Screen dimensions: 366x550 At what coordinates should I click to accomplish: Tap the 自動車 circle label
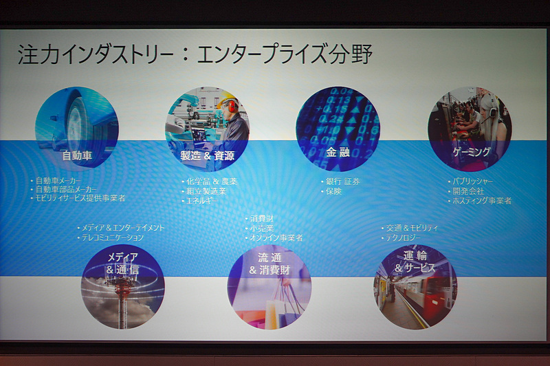[77, 155]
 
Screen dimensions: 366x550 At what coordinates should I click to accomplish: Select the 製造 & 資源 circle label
[207, 156]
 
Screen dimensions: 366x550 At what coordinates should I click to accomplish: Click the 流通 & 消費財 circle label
[269, 263]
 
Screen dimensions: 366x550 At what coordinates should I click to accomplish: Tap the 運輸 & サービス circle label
[415, 261]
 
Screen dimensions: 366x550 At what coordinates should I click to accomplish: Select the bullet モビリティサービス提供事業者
[82, 198]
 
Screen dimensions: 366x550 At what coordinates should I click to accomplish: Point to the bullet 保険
[334, 191]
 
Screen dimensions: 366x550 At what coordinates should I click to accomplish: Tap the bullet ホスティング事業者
[482, 201]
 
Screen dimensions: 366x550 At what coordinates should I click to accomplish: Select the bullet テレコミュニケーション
[113, 237]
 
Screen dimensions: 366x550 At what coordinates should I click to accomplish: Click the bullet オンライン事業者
[277, 237]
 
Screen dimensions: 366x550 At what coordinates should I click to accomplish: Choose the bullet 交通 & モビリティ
[412, 228]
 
